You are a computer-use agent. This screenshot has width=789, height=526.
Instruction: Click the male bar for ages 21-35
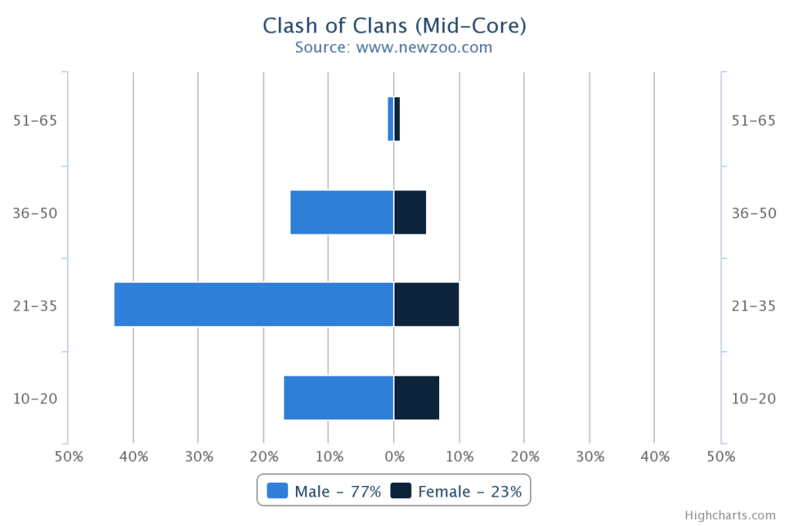pyautogui.click(x=253, y=305)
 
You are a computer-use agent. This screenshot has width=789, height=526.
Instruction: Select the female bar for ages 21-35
pyautogui.click(x=426, y=305)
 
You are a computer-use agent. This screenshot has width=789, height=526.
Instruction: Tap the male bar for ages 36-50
pyautogui.click(x=341, y=212)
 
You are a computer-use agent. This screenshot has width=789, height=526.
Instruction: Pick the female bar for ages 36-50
pyautogui.click(x=410, y=212)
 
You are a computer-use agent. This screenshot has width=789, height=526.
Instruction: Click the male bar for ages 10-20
pyautogui.click(x=338, y=398)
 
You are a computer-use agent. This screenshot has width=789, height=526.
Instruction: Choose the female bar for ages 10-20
pyautogui.click(x=416, y=398)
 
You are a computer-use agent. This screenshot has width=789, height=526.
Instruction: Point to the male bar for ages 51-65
pyautogui.click(x=391, y=119)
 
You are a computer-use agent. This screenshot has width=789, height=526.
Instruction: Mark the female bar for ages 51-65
pyautogui.click(x=397, y=119)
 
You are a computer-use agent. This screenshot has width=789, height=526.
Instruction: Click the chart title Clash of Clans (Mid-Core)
pyautogui.click(x=394, y=25)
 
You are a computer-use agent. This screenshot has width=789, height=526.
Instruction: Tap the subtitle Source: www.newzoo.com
pyautogui.click(x=394, y=47)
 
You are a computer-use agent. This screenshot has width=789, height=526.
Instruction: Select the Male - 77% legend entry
pyautogui.click(x=324, y=491)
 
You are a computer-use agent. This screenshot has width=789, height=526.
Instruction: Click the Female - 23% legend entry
pyautogui.click(x=456, y=491)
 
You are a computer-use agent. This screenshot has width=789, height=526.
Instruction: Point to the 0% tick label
pyautogui.click(x=394, y=457)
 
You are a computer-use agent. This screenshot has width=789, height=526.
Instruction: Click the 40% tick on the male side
pyautogui.click(x=133, y=457)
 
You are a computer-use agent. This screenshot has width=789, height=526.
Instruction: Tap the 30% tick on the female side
pyautogui.click(x=589, y=457)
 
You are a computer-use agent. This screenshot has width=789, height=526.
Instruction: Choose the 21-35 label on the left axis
pyautogui.click(x=35, y=306)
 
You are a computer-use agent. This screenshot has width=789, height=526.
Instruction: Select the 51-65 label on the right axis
pyautogui.click(x=753, y=120)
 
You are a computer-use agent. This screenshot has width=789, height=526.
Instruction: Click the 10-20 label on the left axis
pyautogui.click(x=35, y=399)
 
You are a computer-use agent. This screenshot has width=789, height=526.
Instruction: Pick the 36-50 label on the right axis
pyautogui.click(x=753, y=214)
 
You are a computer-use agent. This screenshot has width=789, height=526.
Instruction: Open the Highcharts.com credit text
pyautogui.click(x=729, y=515)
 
